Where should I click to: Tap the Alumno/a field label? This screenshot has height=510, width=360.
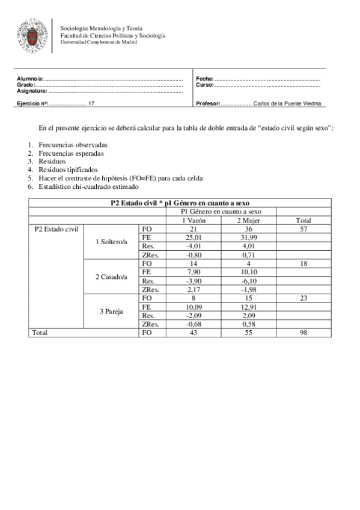point(30,79)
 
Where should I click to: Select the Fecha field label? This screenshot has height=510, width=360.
point(204,79)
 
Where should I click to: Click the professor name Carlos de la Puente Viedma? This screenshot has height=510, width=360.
point(287,103)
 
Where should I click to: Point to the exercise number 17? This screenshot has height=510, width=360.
point(91,103)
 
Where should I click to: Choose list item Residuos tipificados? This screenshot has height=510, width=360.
point(68,170)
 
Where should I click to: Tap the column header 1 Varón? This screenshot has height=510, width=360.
point(192,220)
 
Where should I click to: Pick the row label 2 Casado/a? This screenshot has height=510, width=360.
point(112,277)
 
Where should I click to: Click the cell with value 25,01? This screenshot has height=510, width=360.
point(192,238)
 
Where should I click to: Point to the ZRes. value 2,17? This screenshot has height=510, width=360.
point(192,289)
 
